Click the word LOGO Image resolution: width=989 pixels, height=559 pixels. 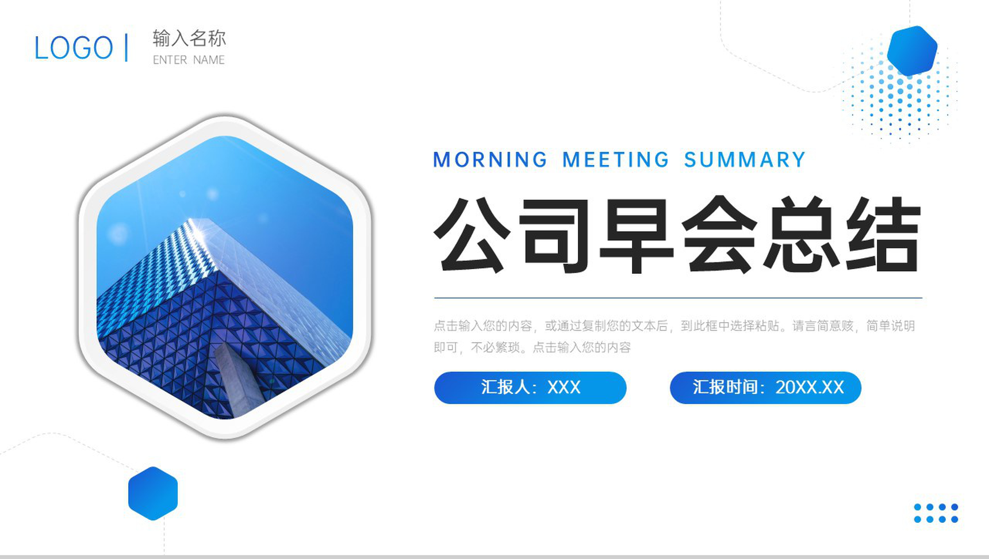click(74, 48)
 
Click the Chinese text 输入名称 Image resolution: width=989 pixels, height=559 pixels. click(189, 39)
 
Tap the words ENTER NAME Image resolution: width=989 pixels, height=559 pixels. click(189, 60)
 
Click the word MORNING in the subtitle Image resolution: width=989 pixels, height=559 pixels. click(490, 160)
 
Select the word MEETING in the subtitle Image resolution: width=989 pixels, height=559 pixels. click(616, 160)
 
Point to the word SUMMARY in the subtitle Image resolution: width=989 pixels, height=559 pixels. click(745, 160)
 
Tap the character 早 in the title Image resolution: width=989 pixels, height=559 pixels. click(636, 235)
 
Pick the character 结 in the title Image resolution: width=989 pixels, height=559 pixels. click(883, 235)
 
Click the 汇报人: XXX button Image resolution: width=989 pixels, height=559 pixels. click(530, 388)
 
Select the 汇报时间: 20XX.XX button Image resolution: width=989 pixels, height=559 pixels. click(765, 388)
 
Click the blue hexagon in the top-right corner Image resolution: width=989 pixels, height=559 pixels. click(912, 51)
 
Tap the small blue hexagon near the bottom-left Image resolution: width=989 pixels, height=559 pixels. click(153, 493)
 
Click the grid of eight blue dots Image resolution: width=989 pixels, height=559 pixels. click(936, 513)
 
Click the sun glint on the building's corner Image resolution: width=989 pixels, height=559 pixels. click(198, 229)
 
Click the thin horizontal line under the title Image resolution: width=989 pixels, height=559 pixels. click(678, 298)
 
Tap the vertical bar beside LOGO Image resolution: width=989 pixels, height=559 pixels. click(126, 47)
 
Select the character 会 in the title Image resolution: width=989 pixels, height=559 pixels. click(719, 235)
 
